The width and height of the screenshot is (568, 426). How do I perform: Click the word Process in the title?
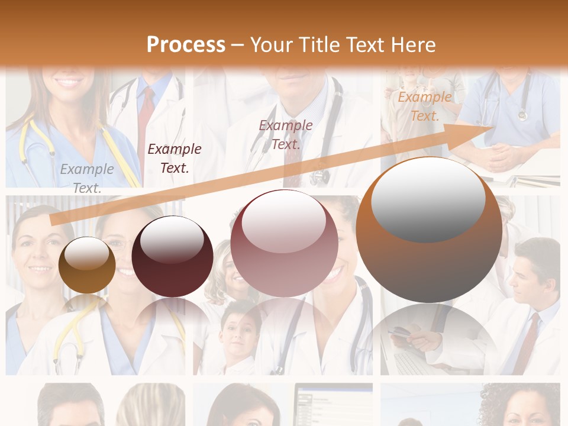186,45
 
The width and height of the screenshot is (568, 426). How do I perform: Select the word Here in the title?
412,45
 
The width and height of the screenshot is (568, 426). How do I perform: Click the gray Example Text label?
87,178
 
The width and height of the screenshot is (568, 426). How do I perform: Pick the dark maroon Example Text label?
175,158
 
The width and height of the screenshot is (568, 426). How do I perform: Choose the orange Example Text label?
425,106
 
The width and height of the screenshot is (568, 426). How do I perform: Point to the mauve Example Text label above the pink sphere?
286,134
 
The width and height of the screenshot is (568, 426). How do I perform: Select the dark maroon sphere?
172,257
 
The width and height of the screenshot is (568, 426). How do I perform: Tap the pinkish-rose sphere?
284,244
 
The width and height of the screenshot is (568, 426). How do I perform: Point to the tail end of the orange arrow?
53,221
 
